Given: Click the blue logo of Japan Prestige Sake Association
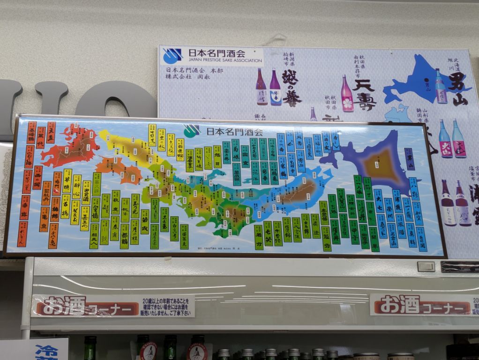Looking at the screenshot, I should (172, 56).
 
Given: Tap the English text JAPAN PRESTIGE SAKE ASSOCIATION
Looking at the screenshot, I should (225, 60).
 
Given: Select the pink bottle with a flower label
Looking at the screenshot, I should (347, 94).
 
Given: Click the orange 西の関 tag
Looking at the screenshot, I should (37, 178).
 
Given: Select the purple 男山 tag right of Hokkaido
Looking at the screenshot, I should (409, 159).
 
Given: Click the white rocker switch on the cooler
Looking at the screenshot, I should (426, 266).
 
